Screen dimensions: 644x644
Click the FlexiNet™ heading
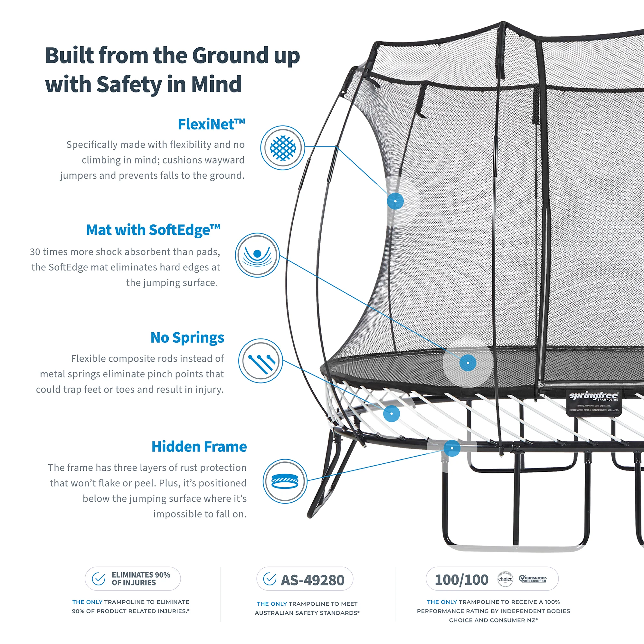pos(211,124)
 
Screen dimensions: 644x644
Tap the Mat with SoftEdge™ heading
pos(153,230)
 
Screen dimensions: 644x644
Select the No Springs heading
pos(187,338)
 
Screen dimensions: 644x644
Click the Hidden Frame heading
pos(199,447)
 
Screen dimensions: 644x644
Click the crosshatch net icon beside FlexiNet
pos(283,148)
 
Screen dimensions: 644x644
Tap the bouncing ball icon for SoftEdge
pos(257,255)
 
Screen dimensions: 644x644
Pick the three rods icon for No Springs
pos(261,361)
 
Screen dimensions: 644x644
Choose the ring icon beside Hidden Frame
pos(285,481)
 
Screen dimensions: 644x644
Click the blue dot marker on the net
pos(395,201)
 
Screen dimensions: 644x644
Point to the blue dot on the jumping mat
pos(468,363)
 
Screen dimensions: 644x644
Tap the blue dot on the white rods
pos(392,414)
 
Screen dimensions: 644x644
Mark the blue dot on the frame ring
pos(452,448)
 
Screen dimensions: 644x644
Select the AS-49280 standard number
pos(312,580)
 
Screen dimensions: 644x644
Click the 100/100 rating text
pos(461,580)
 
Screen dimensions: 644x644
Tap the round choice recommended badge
pos(505,579)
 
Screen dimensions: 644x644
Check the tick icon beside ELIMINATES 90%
pos(99,579)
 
